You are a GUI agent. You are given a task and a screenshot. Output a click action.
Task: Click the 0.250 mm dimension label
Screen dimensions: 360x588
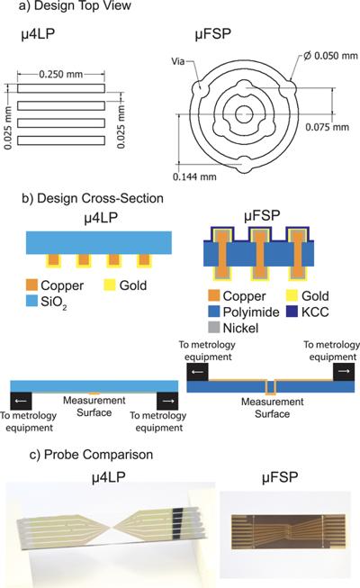coord(61,74)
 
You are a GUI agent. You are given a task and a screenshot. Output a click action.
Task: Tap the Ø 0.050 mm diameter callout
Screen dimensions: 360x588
coord(330,56)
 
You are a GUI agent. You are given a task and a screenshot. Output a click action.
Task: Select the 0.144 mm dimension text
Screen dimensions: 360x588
coord(194,176)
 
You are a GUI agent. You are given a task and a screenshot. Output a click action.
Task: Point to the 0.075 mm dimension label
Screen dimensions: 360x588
coord(327,127)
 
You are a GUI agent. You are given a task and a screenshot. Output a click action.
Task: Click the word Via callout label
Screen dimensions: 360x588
coord(178,61)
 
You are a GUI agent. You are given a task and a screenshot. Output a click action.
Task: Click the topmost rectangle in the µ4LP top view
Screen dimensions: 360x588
coord(61,88)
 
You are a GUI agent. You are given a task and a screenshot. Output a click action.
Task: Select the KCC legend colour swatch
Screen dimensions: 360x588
coord(292,312)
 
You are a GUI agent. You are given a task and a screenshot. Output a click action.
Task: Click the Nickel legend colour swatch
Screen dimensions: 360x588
coord(214,328)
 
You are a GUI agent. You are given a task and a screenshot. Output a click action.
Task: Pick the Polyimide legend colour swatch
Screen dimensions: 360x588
coord(214,312)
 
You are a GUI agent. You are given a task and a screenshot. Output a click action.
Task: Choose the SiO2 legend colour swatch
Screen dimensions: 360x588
coord(31,301)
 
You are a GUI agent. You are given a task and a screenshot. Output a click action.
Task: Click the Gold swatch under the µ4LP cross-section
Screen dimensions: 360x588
coord(110,285)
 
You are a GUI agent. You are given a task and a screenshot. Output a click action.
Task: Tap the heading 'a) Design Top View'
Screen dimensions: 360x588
coord(75,5)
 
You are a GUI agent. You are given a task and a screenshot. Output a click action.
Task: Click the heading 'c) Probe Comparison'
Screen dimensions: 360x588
coord(91,455)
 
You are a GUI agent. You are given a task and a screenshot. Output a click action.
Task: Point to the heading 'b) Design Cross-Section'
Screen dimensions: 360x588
coord(93,198)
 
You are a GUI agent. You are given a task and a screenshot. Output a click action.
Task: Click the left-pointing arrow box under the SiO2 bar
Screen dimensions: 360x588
coord(21,401)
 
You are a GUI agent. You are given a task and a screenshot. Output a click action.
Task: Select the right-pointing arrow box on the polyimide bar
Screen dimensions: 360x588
coord(344,372)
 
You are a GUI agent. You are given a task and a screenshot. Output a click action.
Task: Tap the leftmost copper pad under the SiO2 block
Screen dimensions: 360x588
coord(53,259)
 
